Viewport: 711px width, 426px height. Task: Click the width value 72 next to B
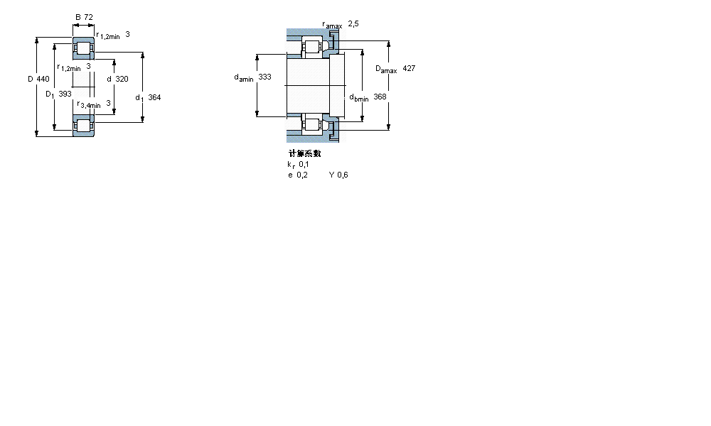[x=89, y=16]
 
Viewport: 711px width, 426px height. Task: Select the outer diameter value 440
[x=43, y=79]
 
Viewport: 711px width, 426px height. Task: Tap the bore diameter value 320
[x=122, y=79]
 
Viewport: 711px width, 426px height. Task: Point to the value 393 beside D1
[x=65, y=94]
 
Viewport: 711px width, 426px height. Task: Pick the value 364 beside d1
[x=154, y=97]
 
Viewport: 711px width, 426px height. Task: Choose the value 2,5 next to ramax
[x=353, y=24]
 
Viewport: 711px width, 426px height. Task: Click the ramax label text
[x=332, y=25]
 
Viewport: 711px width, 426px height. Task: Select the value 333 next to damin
[x=264, y=77]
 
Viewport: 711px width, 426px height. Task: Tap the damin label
[x=244, y=77]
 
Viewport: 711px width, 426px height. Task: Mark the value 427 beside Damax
[x=409, y=68]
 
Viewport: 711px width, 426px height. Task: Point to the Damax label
[x=386, y=69]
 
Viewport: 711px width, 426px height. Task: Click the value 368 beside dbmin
[x=380, y=97]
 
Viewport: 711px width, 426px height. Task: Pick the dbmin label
[x=358, y=97]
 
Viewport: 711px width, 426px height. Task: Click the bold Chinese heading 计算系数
[x=304, y=153]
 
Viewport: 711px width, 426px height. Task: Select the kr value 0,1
[x=304, y=164]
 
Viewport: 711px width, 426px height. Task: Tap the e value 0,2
[x=302, y=175]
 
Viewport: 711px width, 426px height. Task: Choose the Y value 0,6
[x=343, y=175]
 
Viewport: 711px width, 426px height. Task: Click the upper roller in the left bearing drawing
[x=84, y=50]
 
